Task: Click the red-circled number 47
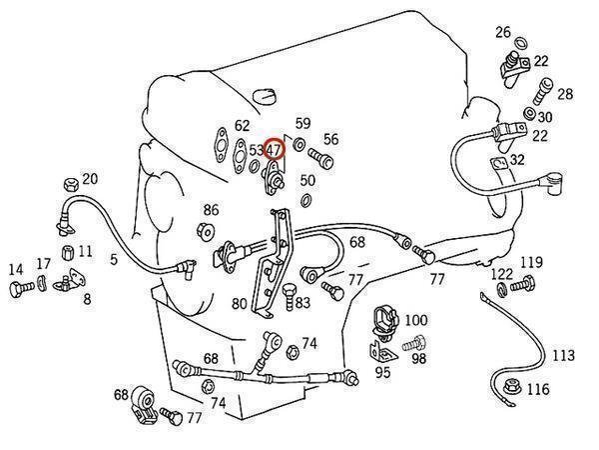[275, 150]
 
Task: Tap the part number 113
[563, 356]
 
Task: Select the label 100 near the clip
[416, 320]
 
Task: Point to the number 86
[211, 210]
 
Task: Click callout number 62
[242, 127]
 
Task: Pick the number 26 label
[503, 32]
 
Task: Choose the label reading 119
[530, 263]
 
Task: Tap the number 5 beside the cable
[113, 259]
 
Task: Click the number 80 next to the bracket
[240, 304]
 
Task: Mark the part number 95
[382, 373]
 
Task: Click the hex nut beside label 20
[70, 184]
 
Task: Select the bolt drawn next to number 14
[18, 289]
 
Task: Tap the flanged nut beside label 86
[205, 232]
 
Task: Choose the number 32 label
[516, 160]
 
